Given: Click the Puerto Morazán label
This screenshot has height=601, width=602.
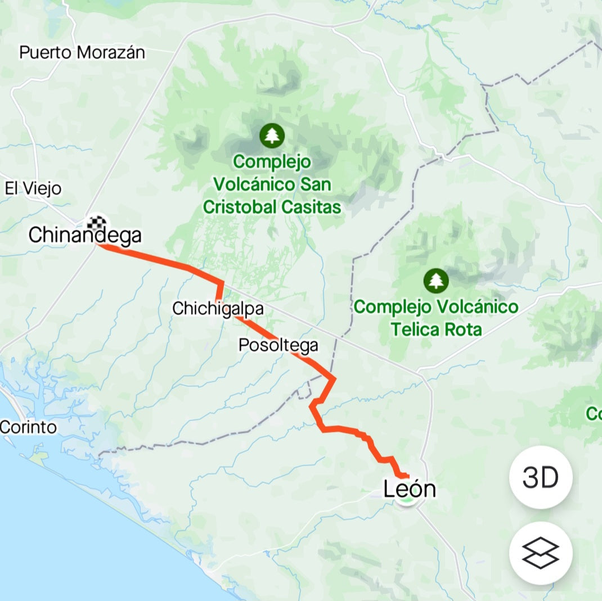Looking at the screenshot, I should (82, 53).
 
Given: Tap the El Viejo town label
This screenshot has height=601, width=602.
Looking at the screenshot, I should (33, 188).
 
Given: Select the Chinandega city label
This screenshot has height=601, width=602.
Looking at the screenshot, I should (85, 235).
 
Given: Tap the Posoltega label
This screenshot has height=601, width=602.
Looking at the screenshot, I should (278, 345).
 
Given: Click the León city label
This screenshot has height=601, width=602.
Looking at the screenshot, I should (410, 489).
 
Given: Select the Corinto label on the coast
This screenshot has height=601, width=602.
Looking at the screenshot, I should (29, 427).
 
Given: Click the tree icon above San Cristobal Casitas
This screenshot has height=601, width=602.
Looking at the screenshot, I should (272, 135).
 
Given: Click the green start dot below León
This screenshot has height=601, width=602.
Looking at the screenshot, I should (407, 500).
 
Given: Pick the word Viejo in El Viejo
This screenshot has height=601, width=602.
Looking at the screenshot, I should (42, 188).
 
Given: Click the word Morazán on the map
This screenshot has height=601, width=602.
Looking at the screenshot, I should (111, 53).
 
